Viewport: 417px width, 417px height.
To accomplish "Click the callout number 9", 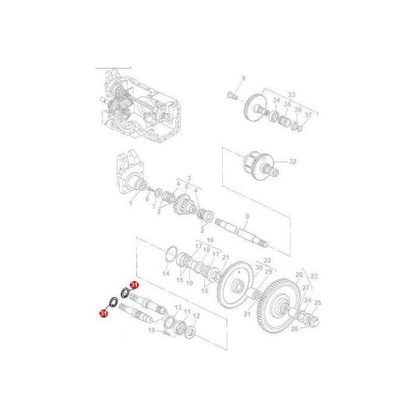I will [243, 77].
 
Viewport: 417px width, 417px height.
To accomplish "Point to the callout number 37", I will [307, 115].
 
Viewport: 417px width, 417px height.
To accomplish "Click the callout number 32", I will [293, 162].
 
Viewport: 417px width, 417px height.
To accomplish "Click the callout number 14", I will [165, 274].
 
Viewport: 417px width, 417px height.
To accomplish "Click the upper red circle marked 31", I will [134, 286].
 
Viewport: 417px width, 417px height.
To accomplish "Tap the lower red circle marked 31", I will [103, 313].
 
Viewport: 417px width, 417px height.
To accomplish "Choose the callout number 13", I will [177, 307].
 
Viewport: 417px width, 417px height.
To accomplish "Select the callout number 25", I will [318, 301].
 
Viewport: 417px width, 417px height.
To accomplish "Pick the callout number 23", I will [315, 277].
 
